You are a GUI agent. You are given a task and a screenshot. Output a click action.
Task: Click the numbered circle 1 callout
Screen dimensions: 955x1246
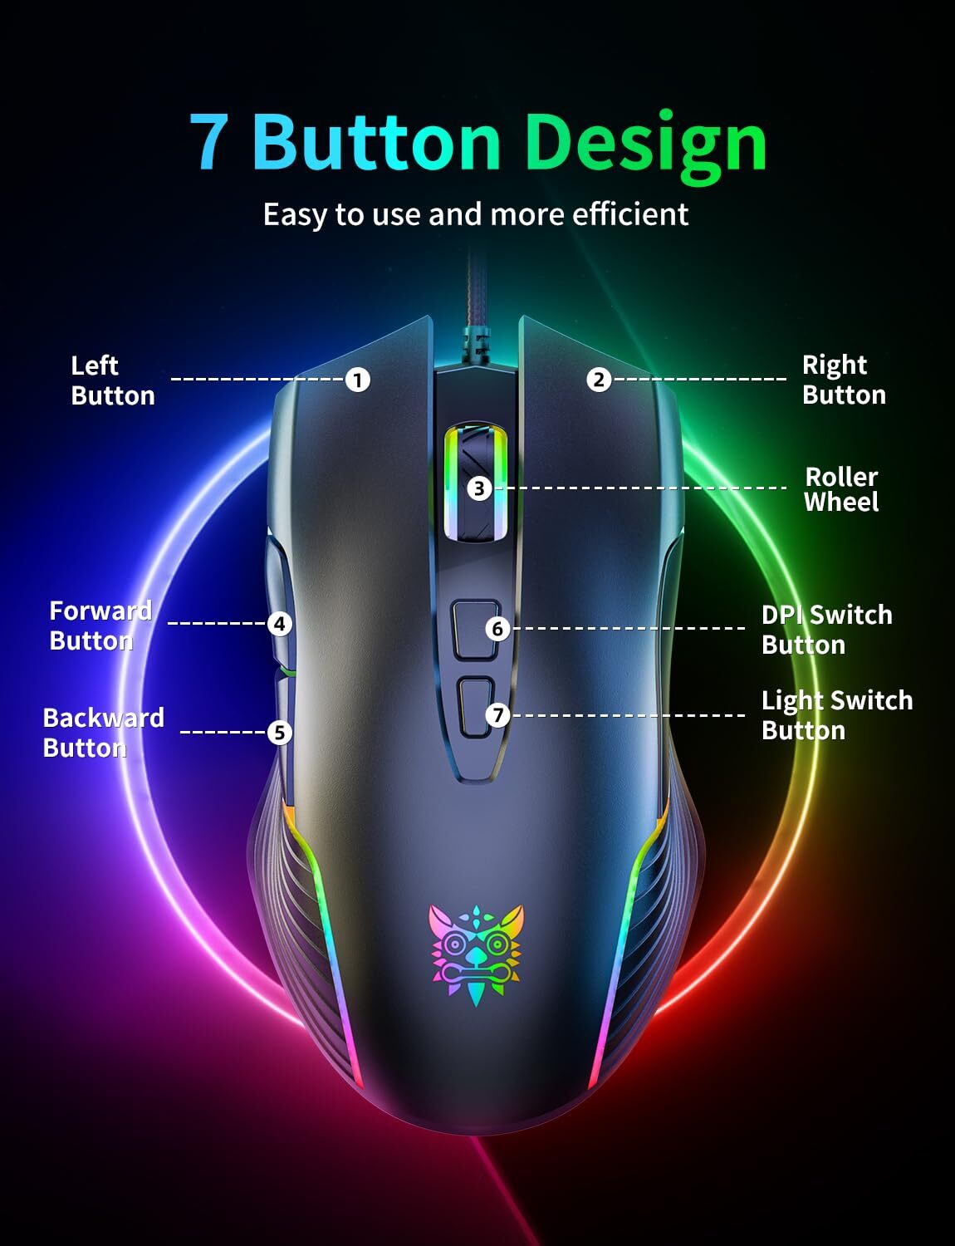tap(357, 380)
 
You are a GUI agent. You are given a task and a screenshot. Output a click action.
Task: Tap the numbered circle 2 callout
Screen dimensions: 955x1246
tap(599, 380)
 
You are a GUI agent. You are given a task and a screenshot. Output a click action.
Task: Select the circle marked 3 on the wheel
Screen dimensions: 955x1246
tap(478, 488)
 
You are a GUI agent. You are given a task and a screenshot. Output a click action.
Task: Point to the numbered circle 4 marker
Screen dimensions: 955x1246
tap(280, 624)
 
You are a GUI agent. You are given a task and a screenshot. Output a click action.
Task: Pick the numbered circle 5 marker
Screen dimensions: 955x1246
tap(280, 733)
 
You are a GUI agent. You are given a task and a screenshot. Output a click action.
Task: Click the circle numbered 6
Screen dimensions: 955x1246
tap(497, 629)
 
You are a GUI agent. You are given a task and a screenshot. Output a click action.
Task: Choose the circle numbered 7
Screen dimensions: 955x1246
tap(497, 714)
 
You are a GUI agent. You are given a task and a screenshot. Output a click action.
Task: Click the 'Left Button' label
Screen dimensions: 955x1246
tap(112, 380)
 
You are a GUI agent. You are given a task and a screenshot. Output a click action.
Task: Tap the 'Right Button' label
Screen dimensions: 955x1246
tap(844, 380)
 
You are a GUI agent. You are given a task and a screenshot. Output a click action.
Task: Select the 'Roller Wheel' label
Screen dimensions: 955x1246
tap(841, 489)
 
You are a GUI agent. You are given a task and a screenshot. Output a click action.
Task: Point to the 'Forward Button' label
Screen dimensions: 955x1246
tap(100, 625)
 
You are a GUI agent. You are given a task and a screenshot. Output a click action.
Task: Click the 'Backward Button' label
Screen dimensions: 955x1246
tap(103, 733)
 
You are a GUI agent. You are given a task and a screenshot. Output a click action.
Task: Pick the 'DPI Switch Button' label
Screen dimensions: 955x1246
tap(826, 630)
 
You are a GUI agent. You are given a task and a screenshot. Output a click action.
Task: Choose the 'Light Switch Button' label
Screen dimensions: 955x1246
tap(836, 715)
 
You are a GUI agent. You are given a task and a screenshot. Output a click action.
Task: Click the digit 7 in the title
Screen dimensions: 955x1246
tap(208, 143)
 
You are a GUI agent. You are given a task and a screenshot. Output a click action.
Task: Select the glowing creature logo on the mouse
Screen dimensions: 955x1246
tap(477, 953)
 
